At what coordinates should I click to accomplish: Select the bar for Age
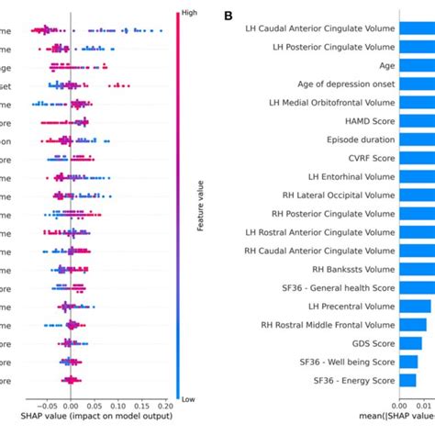click(417, 65)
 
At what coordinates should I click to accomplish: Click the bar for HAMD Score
click(417, 120)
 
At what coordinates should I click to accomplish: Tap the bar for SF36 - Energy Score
click(407, 379)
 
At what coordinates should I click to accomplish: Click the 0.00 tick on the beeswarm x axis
click(72, 403)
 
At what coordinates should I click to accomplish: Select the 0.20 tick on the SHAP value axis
click(165, 403)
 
